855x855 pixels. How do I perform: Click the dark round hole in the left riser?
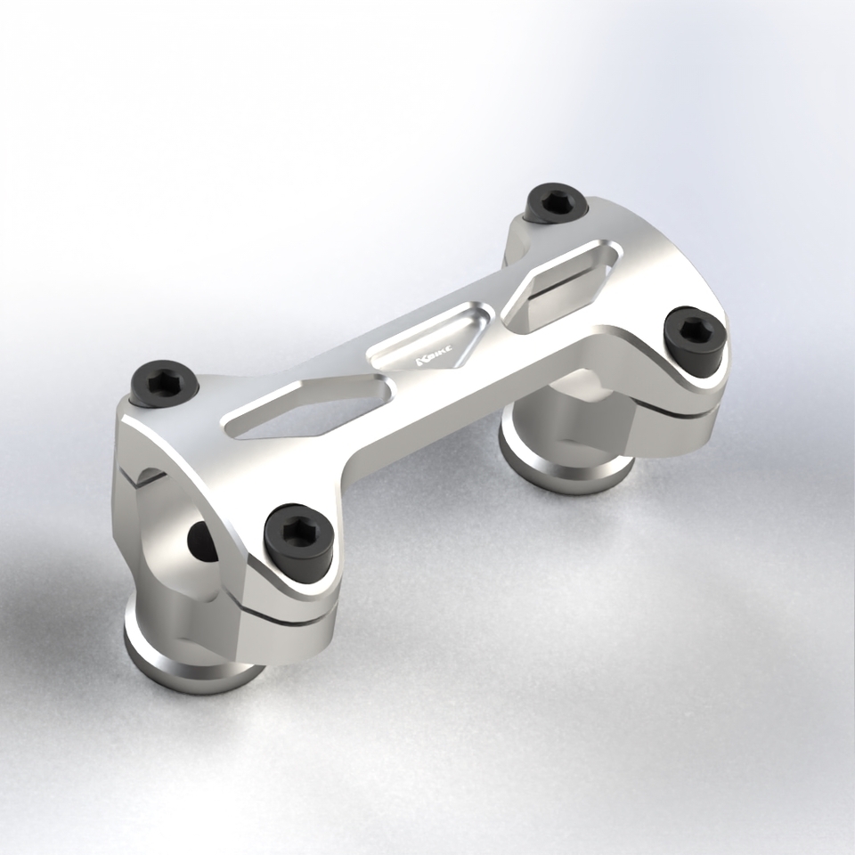point(200,538)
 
